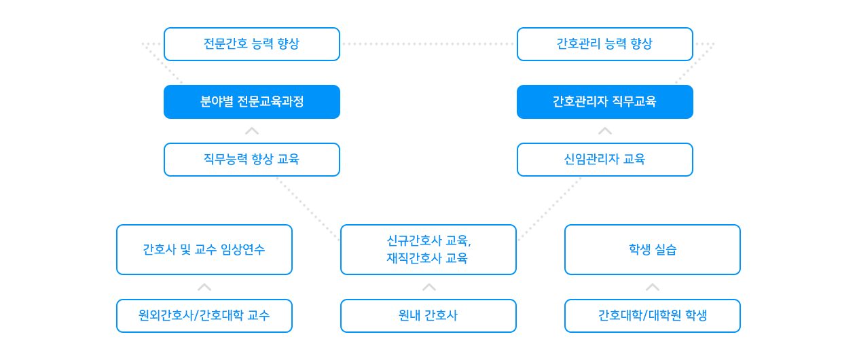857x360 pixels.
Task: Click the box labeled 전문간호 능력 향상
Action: click(251, 44)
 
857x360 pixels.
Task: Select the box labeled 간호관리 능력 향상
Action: click(604, 44)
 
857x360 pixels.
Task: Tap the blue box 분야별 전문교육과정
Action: click(251, 102)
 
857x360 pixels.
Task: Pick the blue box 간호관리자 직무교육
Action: click(604, 102)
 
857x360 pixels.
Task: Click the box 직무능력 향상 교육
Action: click(251, 160)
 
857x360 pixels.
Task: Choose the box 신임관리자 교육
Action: click(604, 160)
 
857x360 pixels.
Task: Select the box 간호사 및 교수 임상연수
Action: click(204, 249)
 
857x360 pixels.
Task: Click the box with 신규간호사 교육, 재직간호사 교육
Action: click(428, 249)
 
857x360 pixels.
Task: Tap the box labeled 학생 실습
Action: click(652, 249)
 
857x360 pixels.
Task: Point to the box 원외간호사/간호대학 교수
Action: click(204, 316)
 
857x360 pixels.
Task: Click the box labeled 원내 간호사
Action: click(428, 316)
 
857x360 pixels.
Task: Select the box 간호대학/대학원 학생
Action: click(652, 316)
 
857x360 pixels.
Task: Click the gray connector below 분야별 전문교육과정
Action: click(251, 131)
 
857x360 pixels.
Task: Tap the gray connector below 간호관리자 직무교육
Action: click(604, 131)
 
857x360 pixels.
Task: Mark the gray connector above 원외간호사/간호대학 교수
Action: click(204, 287)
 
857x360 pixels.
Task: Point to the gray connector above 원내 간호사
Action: click(428, 287)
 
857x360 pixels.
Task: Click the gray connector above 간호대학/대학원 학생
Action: click(652, 287)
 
